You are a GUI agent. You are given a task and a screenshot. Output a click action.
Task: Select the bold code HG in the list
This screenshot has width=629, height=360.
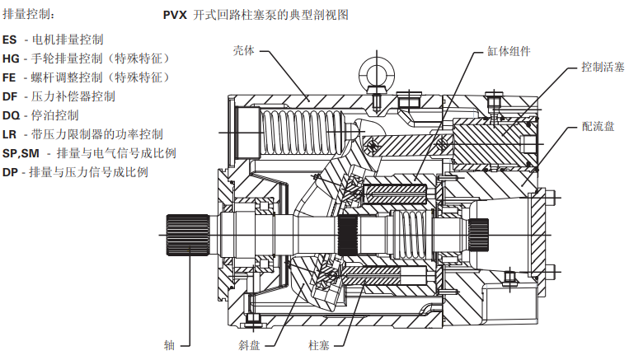click(11, 58)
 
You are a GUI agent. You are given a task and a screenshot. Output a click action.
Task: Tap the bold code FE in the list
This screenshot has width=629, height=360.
click(9, 77)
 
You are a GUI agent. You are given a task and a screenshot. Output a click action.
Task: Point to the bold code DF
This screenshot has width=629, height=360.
click(10, 96)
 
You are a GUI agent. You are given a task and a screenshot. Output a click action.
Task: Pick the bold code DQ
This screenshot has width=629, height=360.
click(11, 115)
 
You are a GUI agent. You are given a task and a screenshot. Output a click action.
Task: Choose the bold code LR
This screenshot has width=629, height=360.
click(10, 134)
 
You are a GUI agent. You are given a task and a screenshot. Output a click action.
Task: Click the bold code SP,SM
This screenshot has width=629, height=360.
click(21, 153)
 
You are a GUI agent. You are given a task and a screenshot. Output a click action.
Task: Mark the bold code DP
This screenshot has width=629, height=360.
click(10, 172)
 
